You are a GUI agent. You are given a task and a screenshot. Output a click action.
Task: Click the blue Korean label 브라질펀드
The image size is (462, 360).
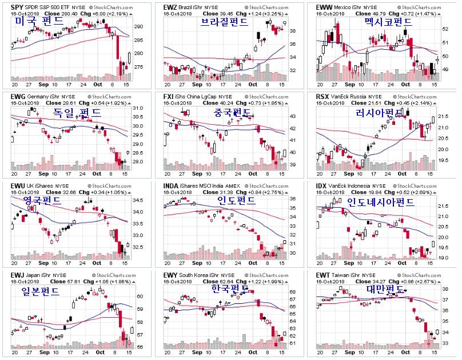point(224,22)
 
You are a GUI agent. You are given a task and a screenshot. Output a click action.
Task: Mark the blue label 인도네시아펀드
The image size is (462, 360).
point(381,203)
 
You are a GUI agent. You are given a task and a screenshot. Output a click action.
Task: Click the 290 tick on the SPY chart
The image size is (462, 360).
point(139,27)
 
